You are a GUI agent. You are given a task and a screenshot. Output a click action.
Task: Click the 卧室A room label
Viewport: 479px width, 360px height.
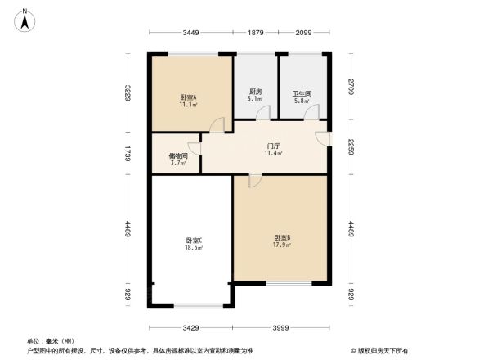pos(188,97)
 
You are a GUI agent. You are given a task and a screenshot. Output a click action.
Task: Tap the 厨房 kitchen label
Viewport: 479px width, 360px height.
pos(255,92)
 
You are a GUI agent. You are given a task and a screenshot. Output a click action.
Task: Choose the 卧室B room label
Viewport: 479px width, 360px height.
pos(282,238)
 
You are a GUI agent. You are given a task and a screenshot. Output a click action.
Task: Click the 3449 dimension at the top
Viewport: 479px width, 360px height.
pos(190,33)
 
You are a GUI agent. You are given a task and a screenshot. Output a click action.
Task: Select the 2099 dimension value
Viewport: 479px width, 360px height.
pos(304,33)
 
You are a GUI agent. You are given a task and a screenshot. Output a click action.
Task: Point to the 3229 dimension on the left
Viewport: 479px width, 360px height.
pos(128,93)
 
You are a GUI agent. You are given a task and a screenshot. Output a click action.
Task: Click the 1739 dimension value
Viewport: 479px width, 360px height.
pos(128,154)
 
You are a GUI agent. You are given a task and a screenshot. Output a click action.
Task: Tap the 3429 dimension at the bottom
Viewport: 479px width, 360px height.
pos(190,327)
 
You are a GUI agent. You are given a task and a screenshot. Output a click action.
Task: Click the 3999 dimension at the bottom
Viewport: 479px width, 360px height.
pos(281,327)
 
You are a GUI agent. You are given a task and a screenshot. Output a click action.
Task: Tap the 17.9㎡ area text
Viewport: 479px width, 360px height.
pos(282,245)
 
